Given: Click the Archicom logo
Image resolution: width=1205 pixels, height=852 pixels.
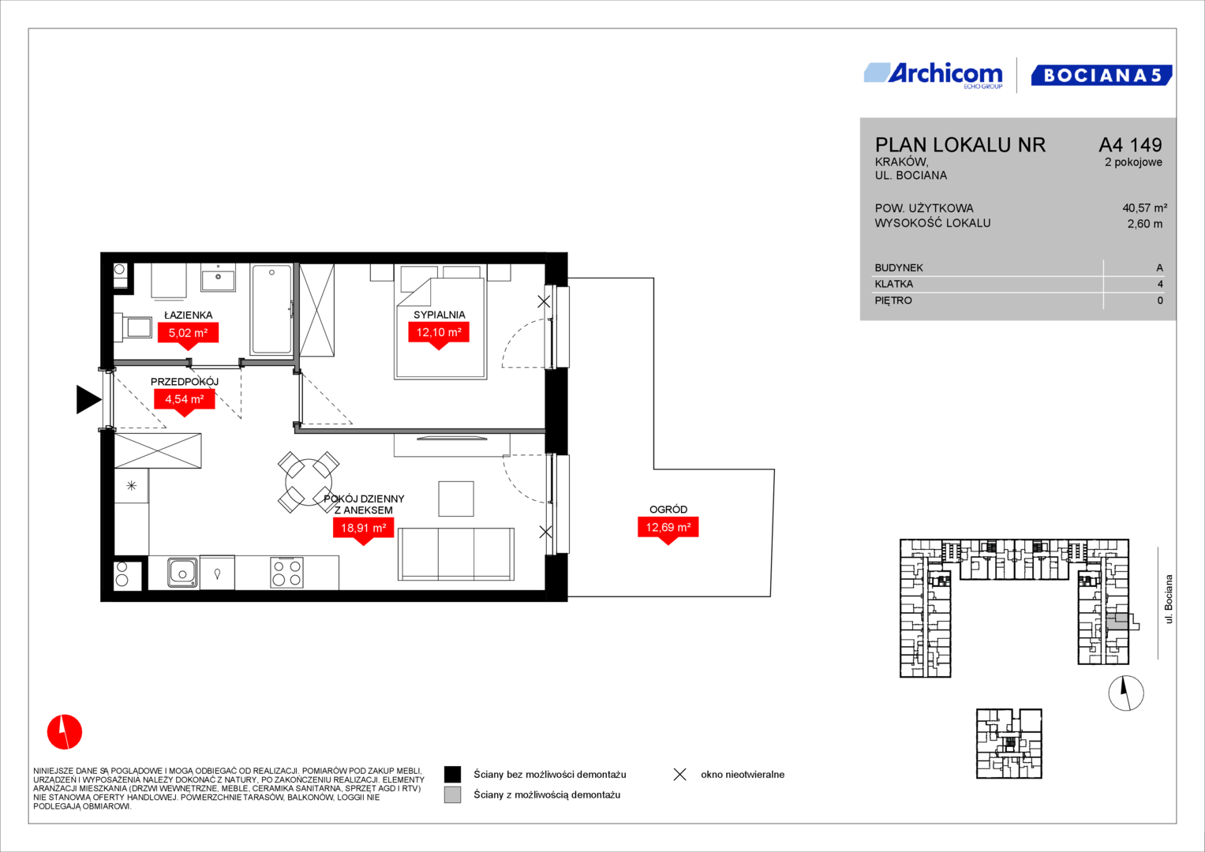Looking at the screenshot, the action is (934, 76).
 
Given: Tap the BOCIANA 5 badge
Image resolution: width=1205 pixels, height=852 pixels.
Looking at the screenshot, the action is (1102, 75).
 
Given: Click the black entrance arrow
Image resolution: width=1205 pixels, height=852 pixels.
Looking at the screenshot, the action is (88, 400).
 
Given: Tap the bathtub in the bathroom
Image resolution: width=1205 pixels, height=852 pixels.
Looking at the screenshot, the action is (271, 308).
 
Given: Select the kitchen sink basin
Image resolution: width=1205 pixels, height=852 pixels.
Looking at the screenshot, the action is (182, 573).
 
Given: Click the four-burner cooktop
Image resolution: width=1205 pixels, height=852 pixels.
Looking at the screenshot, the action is (286, 573).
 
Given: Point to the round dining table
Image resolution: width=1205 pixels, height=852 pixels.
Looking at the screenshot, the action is (309, 482).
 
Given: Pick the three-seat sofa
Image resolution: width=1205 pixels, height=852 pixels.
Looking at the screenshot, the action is (456, 554).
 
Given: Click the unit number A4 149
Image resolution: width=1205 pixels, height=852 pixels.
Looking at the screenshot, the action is (1130, 144).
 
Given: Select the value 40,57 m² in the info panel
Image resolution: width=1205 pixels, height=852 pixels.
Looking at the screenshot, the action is (1145, 207).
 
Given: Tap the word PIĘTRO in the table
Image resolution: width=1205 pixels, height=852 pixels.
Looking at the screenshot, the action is (893, 301).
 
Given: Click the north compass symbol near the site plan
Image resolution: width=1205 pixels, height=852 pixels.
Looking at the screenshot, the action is (1126, 693).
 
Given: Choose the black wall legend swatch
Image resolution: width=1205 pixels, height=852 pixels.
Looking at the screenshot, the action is (452, 775).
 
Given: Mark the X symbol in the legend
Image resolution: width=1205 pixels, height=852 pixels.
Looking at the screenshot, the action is (680, 775).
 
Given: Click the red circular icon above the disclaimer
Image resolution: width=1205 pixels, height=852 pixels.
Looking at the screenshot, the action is (65, 732).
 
